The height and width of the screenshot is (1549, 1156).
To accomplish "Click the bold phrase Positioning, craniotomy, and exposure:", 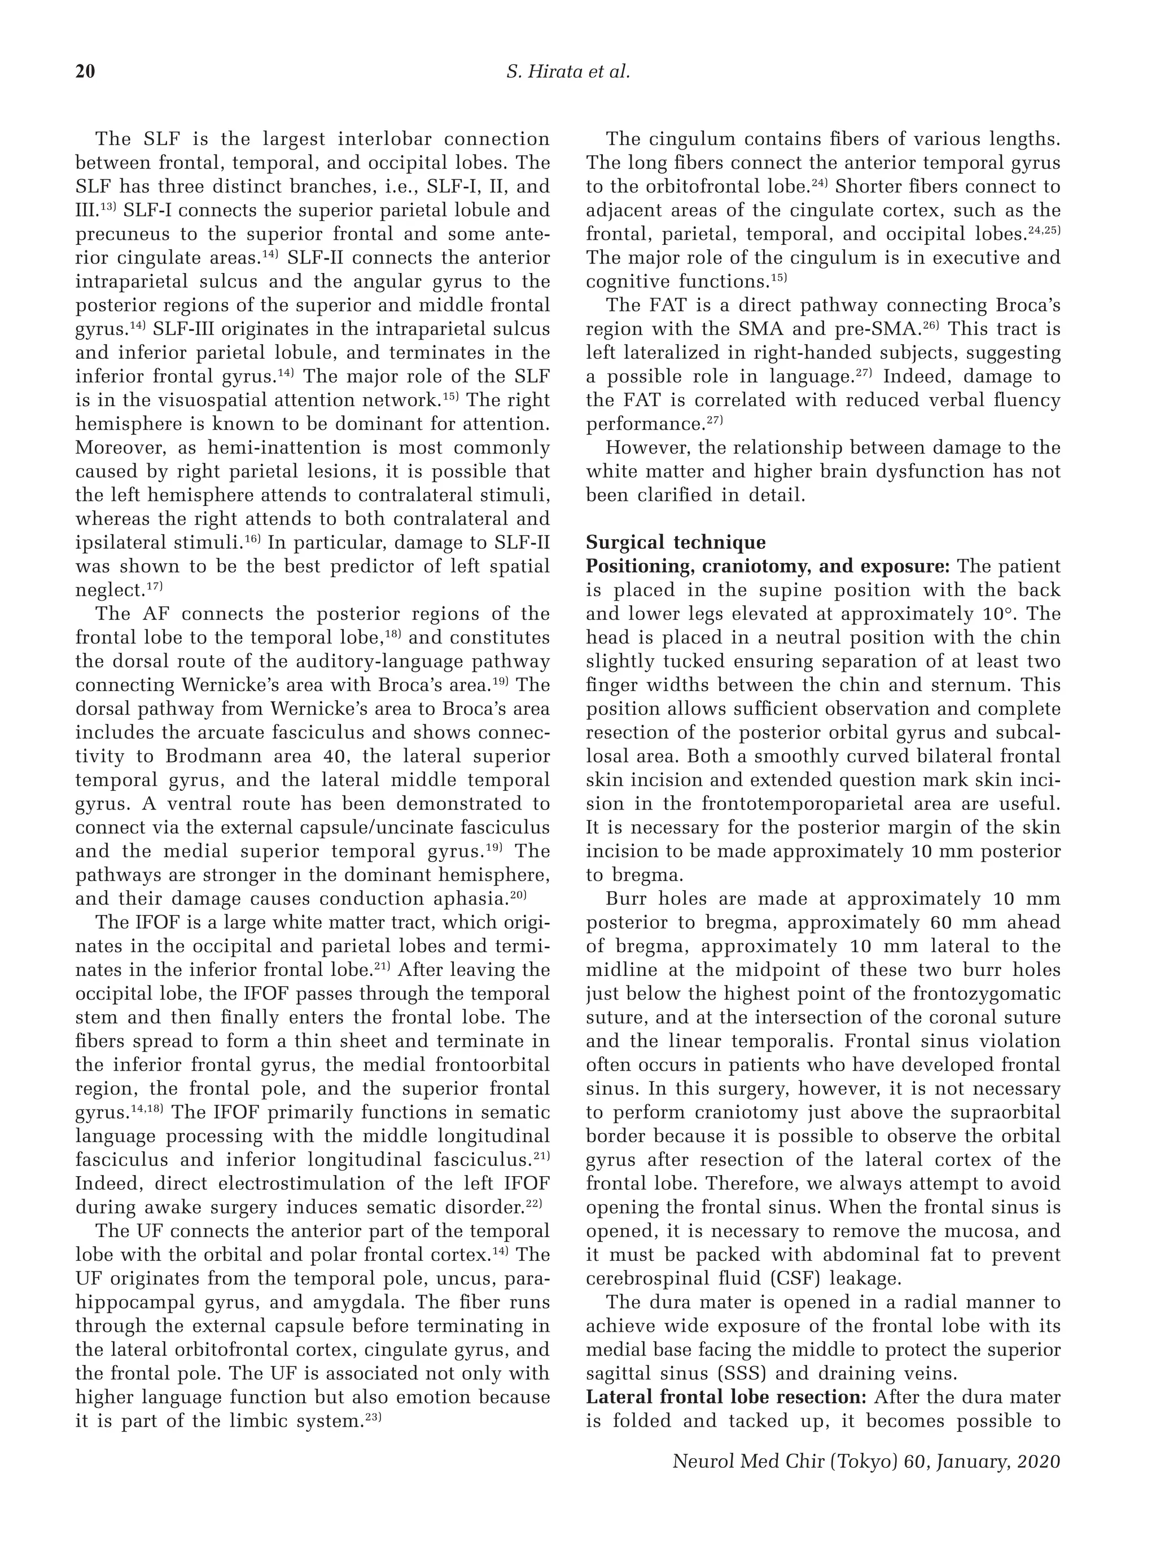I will [x=768, y=566].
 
